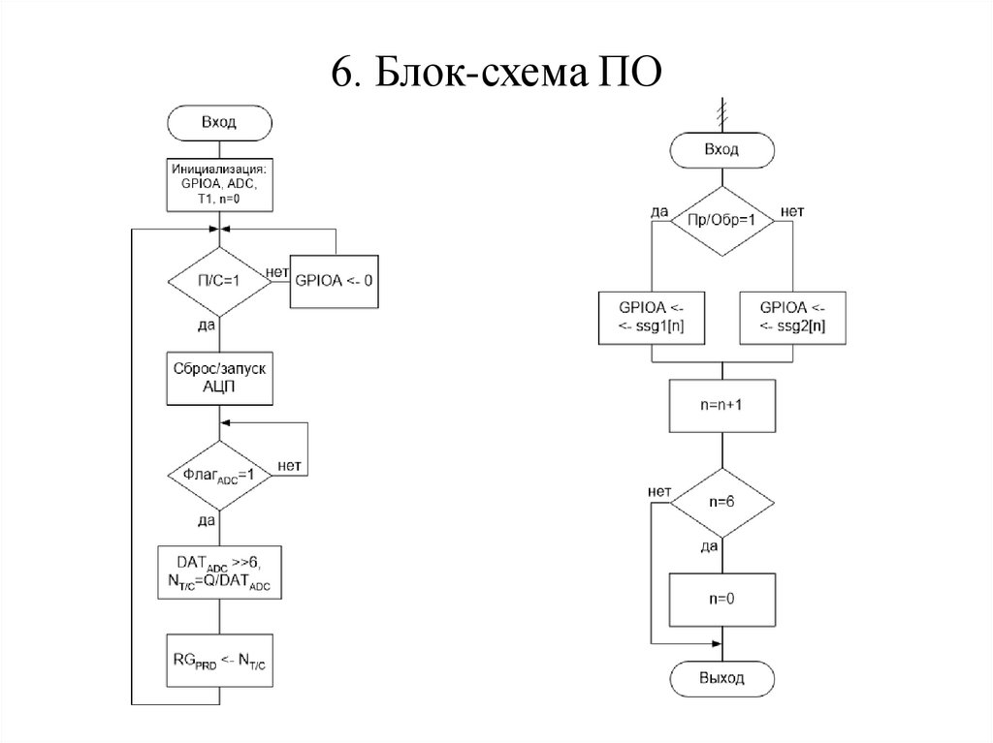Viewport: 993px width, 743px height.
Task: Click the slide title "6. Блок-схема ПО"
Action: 496,74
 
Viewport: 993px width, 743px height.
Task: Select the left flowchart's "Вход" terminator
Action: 219,123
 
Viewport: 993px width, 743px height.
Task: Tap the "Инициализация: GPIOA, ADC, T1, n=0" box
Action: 219,184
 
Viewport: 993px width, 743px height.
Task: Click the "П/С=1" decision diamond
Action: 219,281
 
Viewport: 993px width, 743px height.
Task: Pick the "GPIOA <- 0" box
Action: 334,281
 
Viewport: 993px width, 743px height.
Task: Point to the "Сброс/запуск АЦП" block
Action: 219,378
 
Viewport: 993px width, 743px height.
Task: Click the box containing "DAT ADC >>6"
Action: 219,572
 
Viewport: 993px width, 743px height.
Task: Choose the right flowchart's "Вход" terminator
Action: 721,150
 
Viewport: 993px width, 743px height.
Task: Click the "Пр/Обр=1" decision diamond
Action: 721,221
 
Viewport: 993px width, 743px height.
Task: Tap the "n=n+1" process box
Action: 721,406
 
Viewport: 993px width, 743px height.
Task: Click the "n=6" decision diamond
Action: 721,503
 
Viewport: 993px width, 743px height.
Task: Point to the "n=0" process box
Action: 721,599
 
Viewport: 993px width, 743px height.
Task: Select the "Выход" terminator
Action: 721,678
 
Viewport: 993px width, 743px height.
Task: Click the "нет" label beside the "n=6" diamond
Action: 660,492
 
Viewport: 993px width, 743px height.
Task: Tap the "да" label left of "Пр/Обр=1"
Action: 659,210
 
